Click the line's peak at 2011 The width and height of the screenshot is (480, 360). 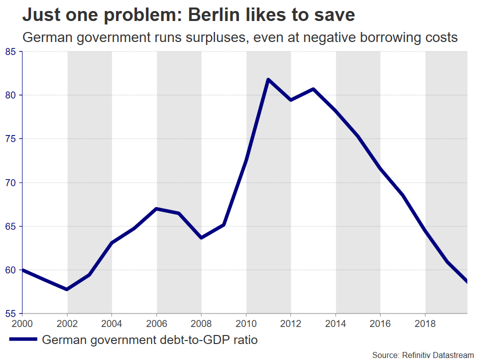[x=268, y=79]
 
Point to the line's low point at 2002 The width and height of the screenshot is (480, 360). [x=67, y=289]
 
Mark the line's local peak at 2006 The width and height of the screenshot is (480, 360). [x=156, y=208]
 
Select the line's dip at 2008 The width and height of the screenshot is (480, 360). [x=201, y=237]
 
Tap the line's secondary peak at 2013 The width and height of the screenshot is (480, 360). [x=313, y=89]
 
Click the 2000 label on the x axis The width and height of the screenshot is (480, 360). [x=22, y=322]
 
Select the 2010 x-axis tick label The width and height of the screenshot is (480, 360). [x=246, y=322]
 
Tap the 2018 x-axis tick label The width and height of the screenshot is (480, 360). [x=425, y=322]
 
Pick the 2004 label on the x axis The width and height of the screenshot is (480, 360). [x=112, y=322]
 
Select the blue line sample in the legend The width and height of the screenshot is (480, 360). [x=23, y=339]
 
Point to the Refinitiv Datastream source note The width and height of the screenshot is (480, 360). [x=422, y=354]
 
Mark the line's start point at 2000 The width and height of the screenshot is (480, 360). [x=23, y=270]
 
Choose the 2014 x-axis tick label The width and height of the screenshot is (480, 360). [x=335, y=322]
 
